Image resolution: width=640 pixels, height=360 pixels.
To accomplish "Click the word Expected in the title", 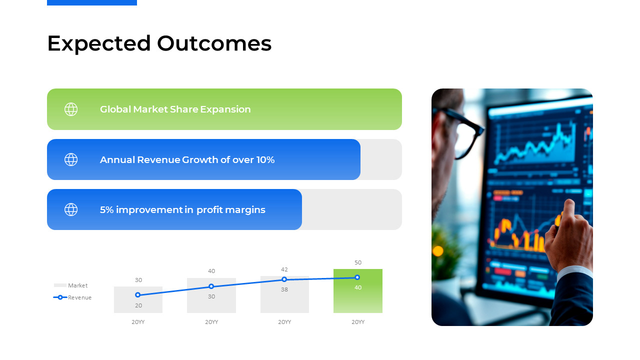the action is pos(99,43).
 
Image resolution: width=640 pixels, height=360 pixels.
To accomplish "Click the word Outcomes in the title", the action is pos(214,43).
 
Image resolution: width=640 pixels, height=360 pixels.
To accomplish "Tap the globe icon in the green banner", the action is pos(71,109).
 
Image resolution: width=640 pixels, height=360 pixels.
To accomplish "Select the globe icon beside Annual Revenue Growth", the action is pos(71,159).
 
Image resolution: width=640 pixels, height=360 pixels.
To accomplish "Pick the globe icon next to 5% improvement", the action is pos(71,209).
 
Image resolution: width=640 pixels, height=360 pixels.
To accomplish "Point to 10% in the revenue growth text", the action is pos(265,159).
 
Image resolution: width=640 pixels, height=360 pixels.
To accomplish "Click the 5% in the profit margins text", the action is pos(106,209).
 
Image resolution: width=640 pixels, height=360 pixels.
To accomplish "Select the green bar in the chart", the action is pos(357,291).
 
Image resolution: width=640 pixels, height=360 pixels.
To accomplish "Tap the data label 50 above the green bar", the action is pos(358,262).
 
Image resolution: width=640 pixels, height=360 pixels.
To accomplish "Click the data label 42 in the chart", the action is pos(284,269).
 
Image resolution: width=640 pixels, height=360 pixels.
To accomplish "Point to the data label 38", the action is pos(284,289).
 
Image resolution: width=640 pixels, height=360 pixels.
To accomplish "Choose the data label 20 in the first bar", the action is pos(138,305).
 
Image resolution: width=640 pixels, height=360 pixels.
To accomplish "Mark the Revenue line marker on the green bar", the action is pos(357,277).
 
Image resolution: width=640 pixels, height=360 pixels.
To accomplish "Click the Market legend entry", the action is pos(71,285).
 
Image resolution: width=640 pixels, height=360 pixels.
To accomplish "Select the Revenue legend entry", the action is pos(72,297).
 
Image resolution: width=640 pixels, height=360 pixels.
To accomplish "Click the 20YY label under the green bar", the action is pos(358,322).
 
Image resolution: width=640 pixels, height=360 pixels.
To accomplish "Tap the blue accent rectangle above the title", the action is pos(92,2).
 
